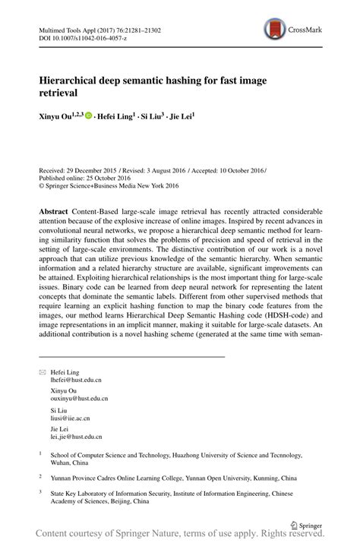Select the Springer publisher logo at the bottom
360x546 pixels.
coord(306,524)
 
